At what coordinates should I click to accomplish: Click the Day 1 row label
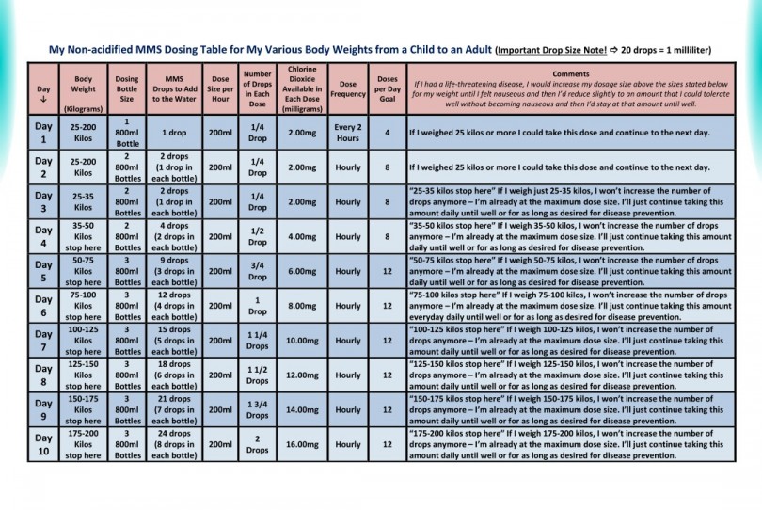[x=43, y=133]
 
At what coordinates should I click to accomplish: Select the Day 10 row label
[x=43, y=443]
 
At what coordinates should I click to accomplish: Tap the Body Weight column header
[x=83, y=89]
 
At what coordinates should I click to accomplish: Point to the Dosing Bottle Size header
[x=128, y=89]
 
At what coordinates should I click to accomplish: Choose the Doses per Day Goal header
[x=387, y=89]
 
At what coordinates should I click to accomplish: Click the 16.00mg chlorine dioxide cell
[x=302, y=443]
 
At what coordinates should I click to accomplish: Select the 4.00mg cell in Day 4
[x=302, y=236]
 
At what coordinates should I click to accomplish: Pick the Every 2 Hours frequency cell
[x=347, y=133]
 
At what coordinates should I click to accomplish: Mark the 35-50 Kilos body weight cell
[x=83, y=236]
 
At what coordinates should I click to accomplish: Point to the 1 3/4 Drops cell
[x=257, y=409]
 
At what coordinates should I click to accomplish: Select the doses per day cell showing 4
[x=387, y=133]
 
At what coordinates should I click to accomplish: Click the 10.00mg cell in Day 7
[x=302, y=340]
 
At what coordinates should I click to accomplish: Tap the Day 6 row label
[x=43, y=305]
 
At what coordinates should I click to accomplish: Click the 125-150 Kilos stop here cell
[x=83, y=375]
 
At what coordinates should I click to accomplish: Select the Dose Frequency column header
[x=347, y=89]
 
